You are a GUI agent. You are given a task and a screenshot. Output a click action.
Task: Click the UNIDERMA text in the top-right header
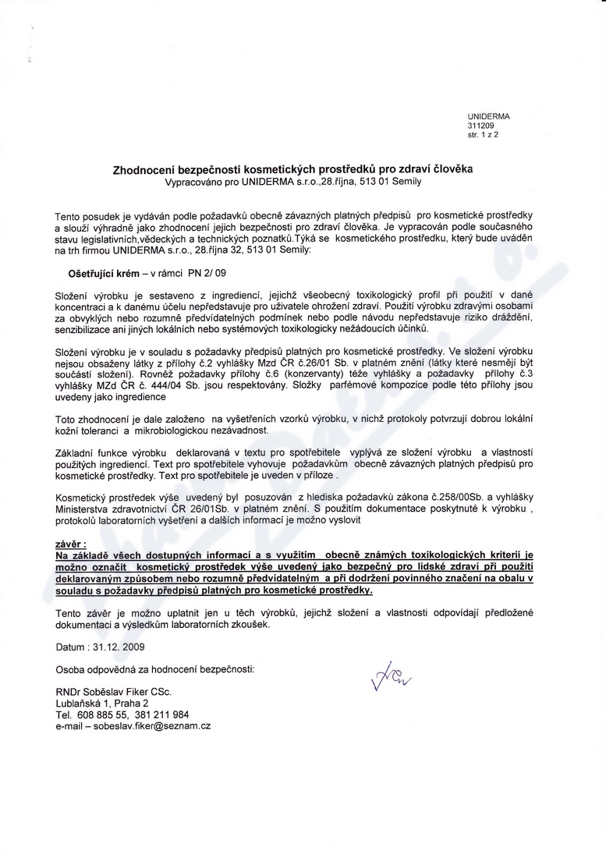488,115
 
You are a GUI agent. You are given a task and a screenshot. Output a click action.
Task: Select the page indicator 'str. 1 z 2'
483,134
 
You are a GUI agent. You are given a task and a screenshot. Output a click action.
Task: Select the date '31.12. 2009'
119,647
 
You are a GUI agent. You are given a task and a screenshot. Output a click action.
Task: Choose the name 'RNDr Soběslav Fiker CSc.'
113,692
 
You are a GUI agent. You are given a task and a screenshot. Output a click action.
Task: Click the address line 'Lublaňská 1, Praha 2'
102,703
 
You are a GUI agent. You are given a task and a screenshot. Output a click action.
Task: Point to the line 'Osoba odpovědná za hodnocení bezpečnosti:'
154,669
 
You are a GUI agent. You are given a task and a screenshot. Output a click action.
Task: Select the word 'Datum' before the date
69,647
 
